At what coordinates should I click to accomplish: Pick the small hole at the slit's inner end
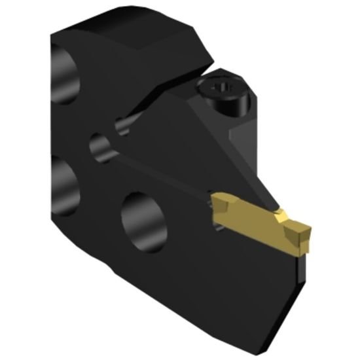click(122, 124)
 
